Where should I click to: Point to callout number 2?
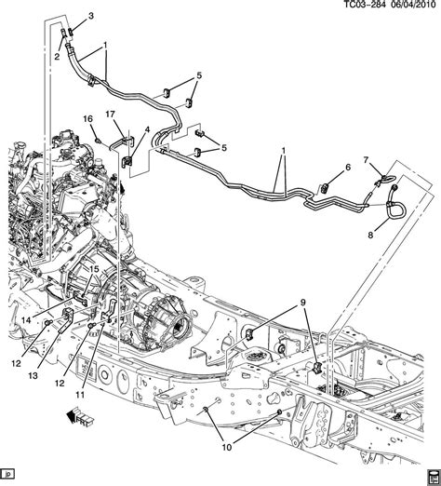pyautogui.click(x=57, y=57)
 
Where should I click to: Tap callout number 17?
pyautogui.click(x=109, y=115)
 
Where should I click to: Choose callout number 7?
pyautogui.click(x=366, y=159)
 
